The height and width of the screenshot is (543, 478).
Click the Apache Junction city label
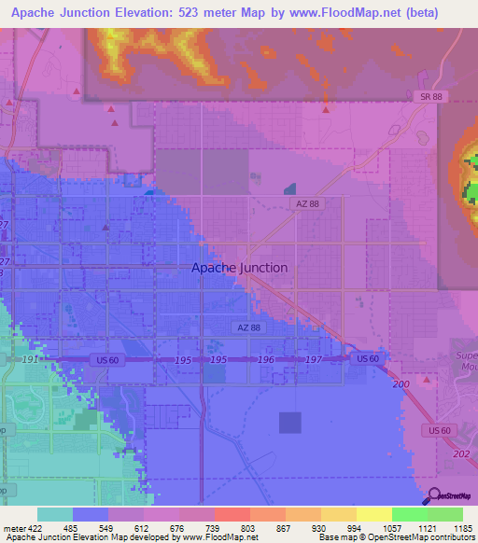coord(239,268)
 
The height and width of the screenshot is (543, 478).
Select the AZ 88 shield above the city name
coord(307,203)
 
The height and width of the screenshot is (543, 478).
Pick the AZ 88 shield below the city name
coord(246,327)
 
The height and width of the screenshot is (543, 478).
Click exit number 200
coord(401,384)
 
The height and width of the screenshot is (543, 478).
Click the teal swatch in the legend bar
coord(55,514)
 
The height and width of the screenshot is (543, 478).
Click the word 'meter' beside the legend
coord(12,528)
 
